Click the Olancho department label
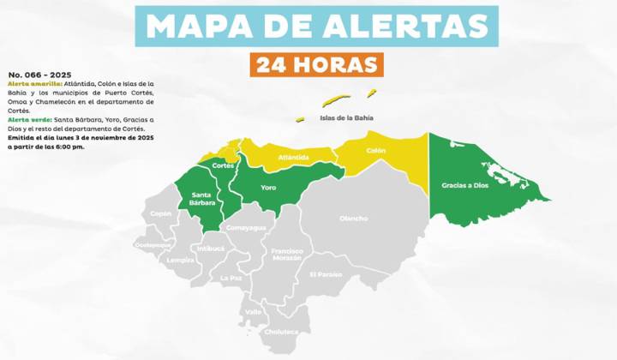(353, 219)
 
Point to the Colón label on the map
(375, 150)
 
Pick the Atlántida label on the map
(294, 157)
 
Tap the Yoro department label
(267, 186)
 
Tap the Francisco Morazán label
(287, 255)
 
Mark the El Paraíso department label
(326, 274)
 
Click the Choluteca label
(282, 331)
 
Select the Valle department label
(253, 312)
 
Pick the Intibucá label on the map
(210, 249)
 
